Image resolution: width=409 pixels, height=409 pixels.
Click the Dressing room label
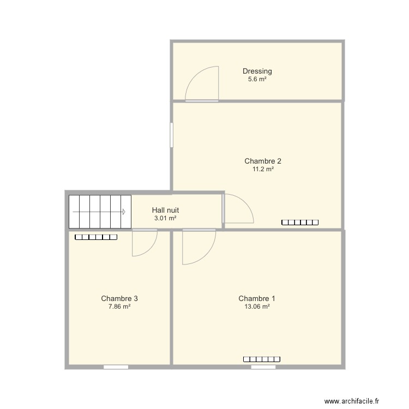(x=257, y=71)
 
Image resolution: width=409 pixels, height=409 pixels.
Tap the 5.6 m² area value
(x=257, y=79)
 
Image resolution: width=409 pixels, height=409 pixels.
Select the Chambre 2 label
(x=263, y=161)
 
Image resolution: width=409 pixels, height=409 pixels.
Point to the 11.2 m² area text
(x=263, y=169)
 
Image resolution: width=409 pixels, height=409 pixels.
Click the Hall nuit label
(x=165, y=210)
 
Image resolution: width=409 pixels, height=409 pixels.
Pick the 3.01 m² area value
(x=165, y=218)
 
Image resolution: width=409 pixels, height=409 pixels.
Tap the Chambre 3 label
(x=119, y=298)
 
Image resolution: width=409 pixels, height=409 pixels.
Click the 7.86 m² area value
(x=119, y=306)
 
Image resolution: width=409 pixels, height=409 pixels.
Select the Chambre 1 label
(x=257, y=298)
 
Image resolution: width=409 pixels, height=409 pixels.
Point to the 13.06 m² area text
(x=257, y=306)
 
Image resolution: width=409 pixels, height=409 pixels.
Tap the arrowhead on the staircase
(x=124, y=212)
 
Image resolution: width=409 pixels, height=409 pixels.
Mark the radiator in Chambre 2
(x=299, y=222)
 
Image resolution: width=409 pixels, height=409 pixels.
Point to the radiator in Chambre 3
(x=96, y=237)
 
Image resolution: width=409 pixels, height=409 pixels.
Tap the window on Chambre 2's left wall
(x=171, y=135)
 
